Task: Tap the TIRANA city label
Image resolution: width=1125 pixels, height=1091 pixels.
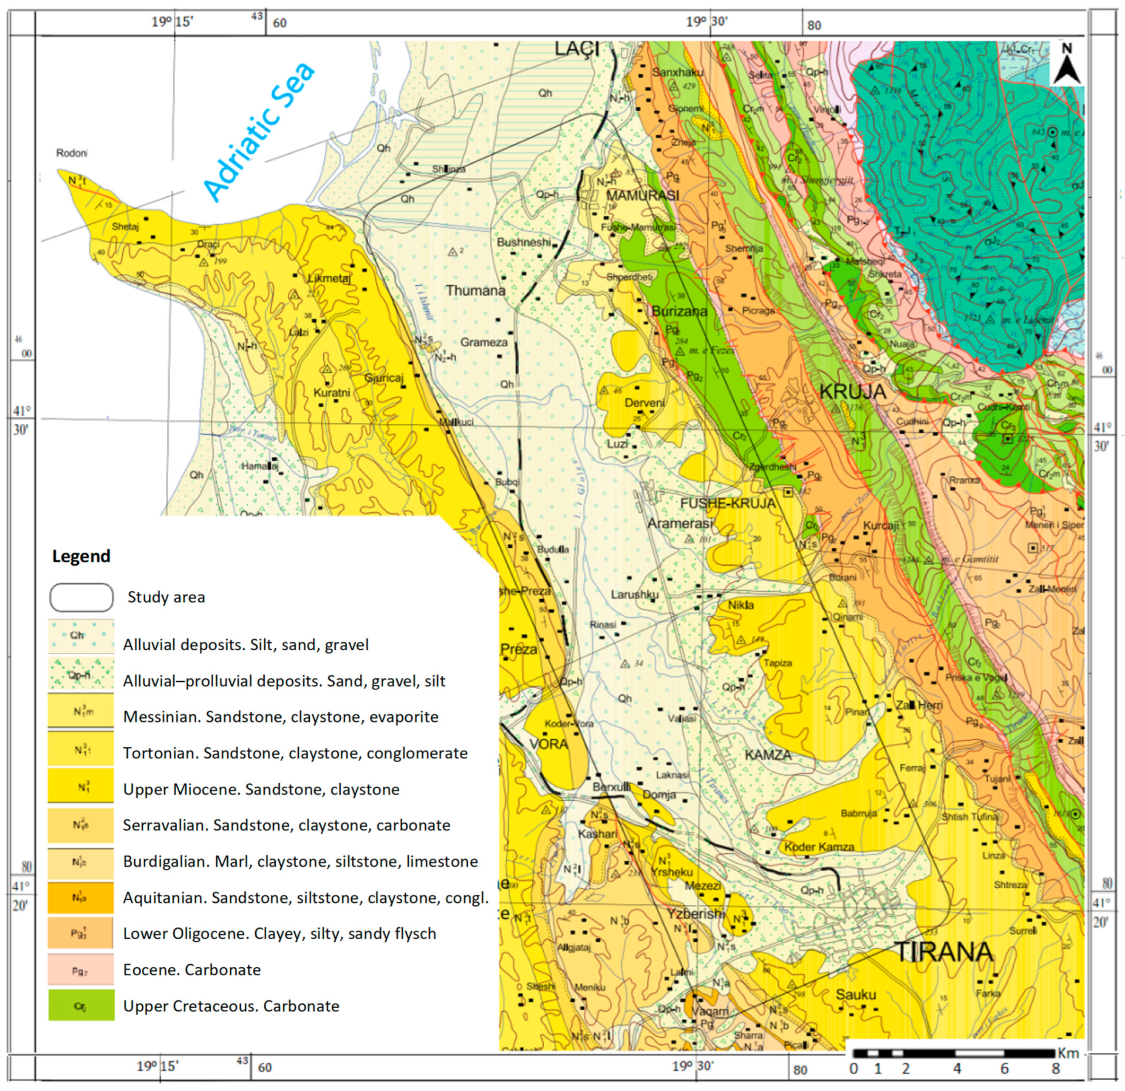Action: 944,952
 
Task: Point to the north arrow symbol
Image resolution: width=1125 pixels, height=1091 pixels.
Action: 1066,64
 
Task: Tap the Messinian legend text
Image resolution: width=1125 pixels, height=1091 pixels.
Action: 281,717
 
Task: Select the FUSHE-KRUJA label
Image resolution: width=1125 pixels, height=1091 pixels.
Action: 727,504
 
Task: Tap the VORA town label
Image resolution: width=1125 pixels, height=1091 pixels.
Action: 549,744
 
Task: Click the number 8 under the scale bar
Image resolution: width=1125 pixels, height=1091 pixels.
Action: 1056,1069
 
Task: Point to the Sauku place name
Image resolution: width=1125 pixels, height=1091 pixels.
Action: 855,995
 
